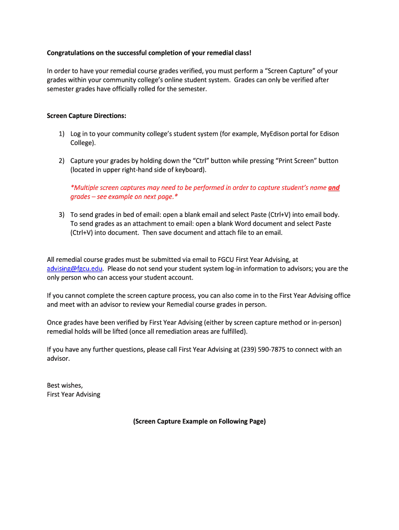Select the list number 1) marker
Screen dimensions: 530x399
click(61, 134)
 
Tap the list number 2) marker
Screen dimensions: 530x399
click(61, 161)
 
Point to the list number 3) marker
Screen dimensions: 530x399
click(61, 215)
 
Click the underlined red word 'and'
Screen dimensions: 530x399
click(334, 188)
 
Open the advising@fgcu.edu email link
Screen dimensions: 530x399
click(75, 269)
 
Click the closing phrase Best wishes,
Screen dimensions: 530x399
click(65, 386)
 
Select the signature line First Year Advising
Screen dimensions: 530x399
click(74, 394)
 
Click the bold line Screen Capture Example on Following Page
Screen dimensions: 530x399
click(199, 421)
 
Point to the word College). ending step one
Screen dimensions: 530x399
click(83, 143)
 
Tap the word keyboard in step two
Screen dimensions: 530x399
click(190, 170)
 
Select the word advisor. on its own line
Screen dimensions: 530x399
click(58, 358)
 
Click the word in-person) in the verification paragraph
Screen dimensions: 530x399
click(326, 322)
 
